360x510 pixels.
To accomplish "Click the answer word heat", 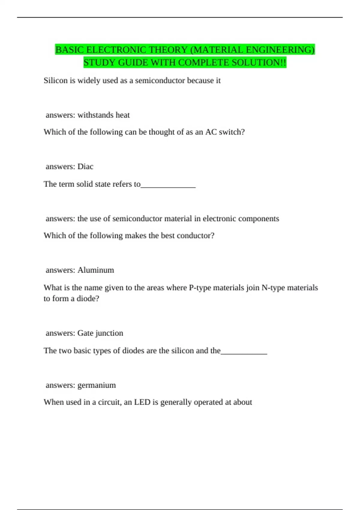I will tap(123, 115).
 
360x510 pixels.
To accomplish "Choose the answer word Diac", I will tap(85, 166).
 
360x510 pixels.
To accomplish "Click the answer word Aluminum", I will tap(96, 270).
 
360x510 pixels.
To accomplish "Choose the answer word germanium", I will tap(96, 385).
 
